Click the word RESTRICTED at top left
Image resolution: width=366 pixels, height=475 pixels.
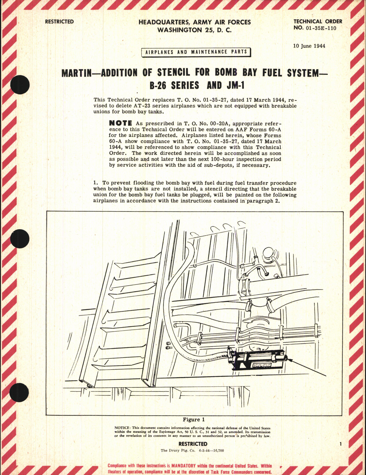point(59,22)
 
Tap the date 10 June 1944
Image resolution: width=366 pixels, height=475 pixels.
point(309,46)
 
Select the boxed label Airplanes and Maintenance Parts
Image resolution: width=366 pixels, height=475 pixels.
point(196,52)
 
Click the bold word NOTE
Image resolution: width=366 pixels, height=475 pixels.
point(120,123)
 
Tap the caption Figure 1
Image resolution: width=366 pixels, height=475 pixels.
point(194,419)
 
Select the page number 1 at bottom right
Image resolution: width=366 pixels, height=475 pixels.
point(341,444)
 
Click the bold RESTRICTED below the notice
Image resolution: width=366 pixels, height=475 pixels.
point(193,444)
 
